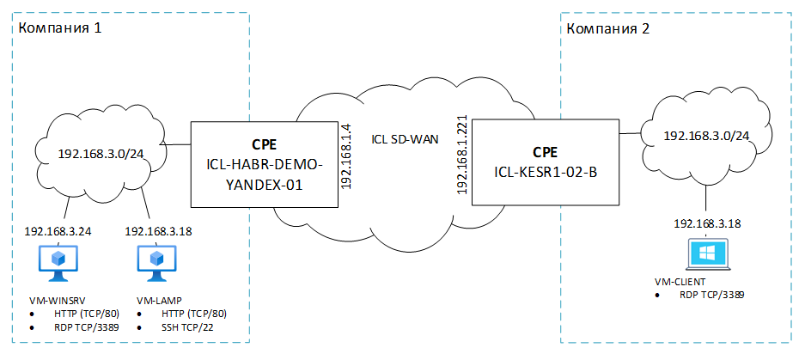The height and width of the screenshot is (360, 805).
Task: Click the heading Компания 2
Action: point(607,28)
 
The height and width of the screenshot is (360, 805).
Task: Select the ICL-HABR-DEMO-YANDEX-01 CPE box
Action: point(263,163)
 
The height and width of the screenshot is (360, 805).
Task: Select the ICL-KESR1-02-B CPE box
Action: point(545,163)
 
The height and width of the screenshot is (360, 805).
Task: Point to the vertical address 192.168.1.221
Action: point(461,156)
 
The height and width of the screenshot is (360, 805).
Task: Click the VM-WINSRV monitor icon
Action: point(58,262)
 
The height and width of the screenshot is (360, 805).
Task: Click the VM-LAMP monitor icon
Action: point(156,262)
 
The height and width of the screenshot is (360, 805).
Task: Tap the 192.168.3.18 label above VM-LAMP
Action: point(159,232)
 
